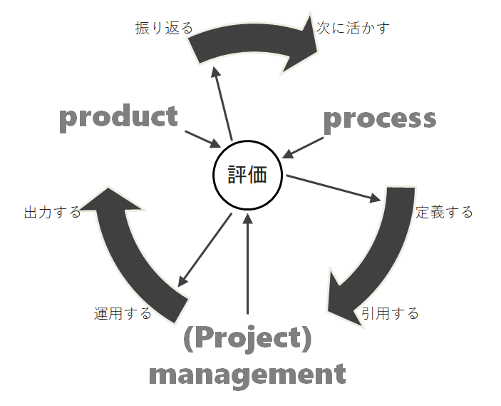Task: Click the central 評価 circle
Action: pyautogui.click(x=248, y=175)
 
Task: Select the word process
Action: pyautogui.click(x=379, y=118)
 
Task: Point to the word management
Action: pyautogui.click(x=247, y=374)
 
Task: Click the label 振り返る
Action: pyautogui.click(x=164, y=29)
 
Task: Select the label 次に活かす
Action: pyautogui.click(x=353, y=29)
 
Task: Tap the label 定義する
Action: pyautogui.click(x=444, y=212)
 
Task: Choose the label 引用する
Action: pyautogui.click(x=389, y=313)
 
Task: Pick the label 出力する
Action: pyautogui.click(x=52, y=212)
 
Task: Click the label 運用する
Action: pyautogui.click(x=123, y=313)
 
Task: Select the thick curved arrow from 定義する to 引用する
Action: pyautogui.click(x=374, y=264)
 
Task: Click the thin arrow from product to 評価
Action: pyautogui.click(x=202, y=138)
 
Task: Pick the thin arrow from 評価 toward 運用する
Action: pyautogui.click(x=204, y=250)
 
